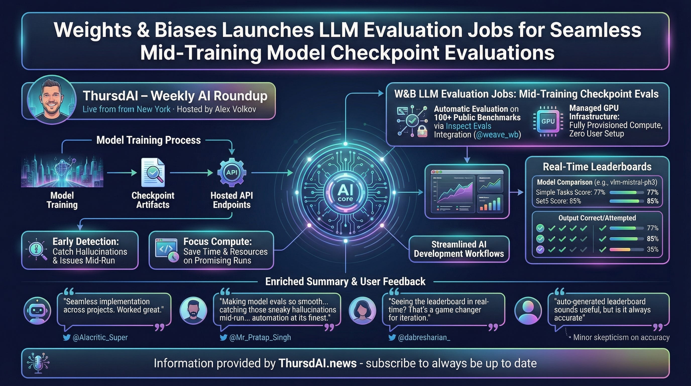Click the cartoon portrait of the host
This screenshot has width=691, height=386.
tap(52, 100)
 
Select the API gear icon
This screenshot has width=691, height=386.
tap(232, 173)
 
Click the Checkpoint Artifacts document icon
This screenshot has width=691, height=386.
tap(153, 173)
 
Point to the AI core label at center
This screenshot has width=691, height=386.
tap(345, 193)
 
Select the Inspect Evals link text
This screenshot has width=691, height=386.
tap(468, 126)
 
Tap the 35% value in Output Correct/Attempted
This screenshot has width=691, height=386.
tap(652, 249)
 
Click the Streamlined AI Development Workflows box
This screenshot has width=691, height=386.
tap(459, 249)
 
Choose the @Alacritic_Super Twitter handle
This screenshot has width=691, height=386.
tap(100, 337)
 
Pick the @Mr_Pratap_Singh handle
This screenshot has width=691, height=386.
tap(260, 337)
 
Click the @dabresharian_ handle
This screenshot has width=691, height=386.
tap(424, 337)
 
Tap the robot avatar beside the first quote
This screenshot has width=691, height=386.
tap(37, 311)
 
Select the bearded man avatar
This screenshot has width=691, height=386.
tap(193, 311)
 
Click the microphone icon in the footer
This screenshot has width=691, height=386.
tap(38, 363)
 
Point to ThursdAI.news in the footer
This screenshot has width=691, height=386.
tap(318, 363)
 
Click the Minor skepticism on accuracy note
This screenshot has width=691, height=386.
tap(621, 337)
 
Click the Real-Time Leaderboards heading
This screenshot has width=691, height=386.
tap(597, 167)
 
